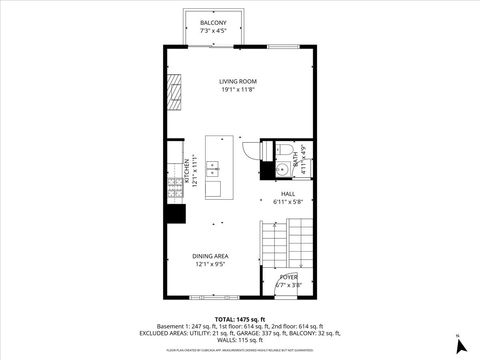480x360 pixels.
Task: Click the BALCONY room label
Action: coord(213,22)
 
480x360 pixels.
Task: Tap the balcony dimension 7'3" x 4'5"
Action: coord(213,30)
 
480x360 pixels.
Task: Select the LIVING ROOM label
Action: coord(239,81)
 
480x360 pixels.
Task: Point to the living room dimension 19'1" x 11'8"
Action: coord(239,90)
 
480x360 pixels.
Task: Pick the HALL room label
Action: coord(288,194)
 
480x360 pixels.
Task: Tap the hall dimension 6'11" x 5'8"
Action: coord(288,202)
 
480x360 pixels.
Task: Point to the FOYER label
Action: coord(288,277)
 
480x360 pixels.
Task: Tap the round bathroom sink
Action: coord(265,152)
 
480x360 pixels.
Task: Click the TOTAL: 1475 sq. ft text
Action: coord(240,319)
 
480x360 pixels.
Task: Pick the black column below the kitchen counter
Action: coord(176,213)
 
